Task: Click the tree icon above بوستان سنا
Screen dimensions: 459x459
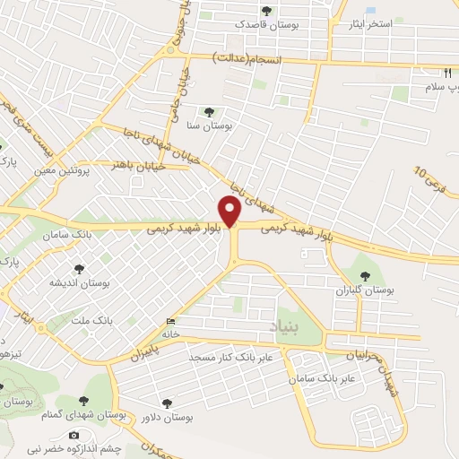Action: coord(209,112)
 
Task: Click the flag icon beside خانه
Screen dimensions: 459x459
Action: coord(171,323)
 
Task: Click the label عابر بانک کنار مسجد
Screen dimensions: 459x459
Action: coord(235,358)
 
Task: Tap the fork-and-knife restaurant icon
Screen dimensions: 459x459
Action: coord(446,72)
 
